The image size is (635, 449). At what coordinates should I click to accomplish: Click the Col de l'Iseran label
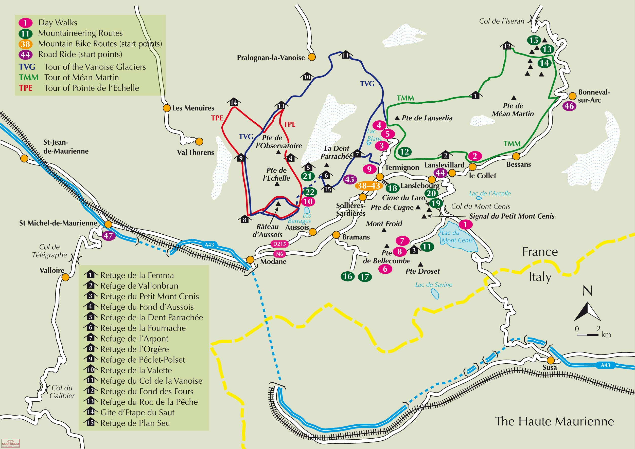(x=502, y=21)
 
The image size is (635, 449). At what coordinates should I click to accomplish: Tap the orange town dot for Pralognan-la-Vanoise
(x=312, y=57)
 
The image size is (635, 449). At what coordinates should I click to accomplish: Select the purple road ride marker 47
(x=108, y=236)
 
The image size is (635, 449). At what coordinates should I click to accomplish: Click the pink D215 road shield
(x=279, y=244)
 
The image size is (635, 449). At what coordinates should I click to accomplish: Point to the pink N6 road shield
(x=280, y=254)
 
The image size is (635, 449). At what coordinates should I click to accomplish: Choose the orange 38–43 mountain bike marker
(x=369, y=186)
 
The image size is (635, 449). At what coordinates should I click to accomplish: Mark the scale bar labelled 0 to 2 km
(x=587, y=335)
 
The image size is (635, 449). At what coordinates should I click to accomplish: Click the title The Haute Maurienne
(x=554, y=421)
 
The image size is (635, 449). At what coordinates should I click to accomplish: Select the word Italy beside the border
(x=540, y=277)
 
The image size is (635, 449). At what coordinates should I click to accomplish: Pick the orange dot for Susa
(x=551, y=361)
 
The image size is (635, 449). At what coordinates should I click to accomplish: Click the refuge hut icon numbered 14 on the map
(x=234, y=102)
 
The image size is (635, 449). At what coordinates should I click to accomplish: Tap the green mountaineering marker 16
(x=347, y=276)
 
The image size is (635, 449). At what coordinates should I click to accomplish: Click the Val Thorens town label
(x=195, y=152)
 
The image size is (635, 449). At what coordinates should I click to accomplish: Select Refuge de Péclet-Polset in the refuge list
(x=143, y=360)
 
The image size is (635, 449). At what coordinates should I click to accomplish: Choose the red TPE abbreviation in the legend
(x=26, y=88)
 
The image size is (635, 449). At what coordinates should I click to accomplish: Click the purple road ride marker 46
(x=569, y=106)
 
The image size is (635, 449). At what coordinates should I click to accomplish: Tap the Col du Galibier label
(x=62, y=391)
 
